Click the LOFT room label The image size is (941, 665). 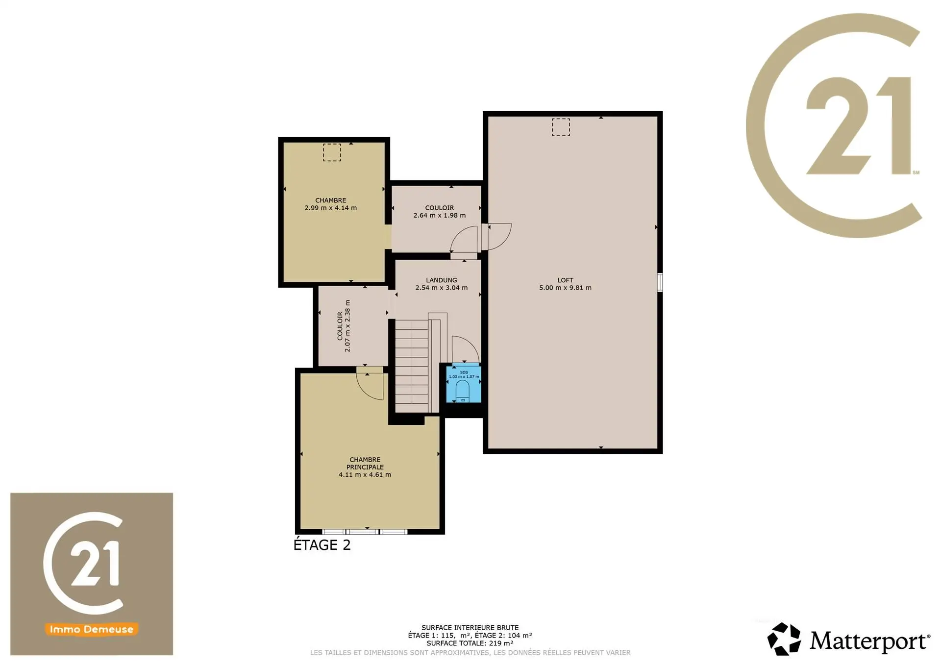565,280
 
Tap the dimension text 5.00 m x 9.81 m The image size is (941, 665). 565,288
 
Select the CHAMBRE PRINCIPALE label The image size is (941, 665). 365,463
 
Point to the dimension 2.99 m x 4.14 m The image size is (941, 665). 331,208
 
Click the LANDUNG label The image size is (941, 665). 442,280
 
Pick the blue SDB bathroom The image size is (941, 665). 463,384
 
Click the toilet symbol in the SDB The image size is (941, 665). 463,391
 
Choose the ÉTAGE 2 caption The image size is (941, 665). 322,545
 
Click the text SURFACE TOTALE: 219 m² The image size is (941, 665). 470,643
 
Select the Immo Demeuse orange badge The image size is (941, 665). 92,629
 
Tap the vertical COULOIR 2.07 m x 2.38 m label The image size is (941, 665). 344,326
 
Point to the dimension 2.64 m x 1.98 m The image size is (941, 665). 440,215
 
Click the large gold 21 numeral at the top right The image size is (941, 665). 859,125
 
